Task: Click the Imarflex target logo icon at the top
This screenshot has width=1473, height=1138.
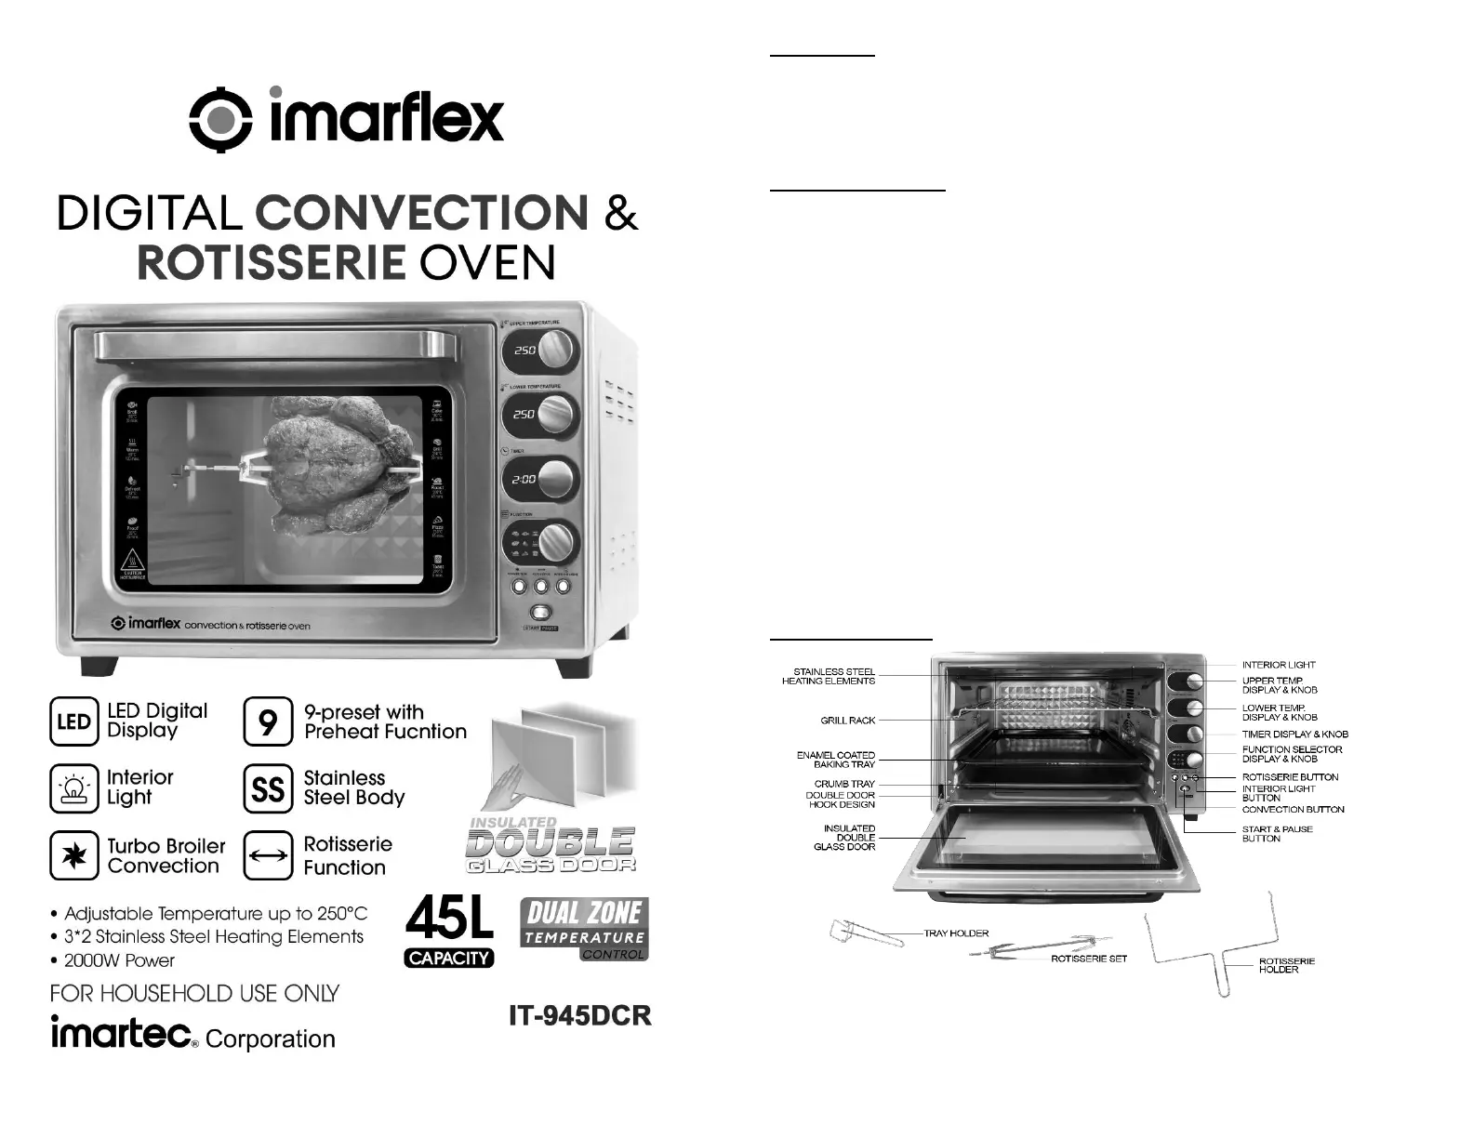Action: (220, 118)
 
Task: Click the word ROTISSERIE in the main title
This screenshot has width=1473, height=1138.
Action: (271, 263)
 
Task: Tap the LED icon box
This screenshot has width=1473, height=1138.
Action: (73, 721)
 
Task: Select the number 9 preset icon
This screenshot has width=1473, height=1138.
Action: (268, 721)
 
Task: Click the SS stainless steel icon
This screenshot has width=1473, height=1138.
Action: (268, 788)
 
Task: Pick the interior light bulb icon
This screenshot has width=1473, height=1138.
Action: (73, 788)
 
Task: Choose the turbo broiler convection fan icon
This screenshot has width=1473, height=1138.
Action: (73, 855)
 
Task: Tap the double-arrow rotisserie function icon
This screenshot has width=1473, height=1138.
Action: (268, 855)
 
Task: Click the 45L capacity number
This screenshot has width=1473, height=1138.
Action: (449, 919)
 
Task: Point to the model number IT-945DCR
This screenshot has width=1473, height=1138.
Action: (580, 1015)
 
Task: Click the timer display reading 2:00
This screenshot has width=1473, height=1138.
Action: (524, 480)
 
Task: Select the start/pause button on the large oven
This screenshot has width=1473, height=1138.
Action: (539, 614)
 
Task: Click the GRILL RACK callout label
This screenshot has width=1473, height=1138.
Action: (847, 721)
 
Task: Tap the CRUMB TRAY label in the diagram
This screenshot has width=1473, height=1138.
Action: (844, 784)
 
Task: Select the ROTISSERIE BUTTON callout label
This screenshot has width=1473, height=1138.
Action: (1290, 776)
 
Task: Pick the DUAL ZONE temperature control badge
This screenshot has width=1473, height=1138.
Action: (583, 927)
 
